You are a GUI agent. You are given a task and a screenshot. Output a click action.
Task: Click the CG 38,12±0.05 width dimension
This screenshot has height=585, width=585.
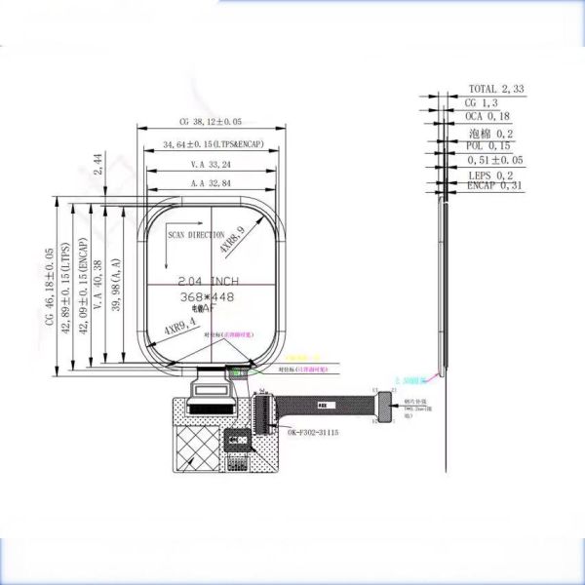211,123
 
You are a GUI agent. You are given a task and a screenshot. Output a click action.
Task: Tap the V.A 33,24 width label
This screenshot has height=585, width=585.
211,165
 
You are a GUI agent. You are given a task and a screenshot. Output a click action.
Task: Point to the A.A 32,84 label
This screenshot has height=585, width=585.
211,183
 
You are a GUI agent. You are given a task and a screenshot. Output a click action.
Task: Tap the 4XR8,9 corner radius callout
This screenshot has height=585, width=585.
232,240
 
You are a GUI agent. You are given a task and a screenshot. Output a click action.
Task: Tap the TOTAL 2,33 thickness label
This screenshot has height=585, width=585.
496,89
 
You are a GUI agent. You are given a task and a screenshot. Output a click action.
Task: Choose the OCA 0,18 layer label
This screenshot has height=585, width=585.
488,116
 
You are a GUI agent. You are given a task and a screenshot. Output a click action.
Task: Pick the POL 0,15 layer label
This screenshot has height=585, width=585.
488,145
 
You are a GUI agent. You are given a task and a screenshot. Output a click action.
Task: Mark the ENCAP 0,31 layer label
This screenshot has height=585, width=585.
495,185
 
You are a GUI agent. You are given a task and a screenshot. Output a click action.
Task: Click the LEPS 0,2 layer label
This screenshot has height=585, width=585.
491,175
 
